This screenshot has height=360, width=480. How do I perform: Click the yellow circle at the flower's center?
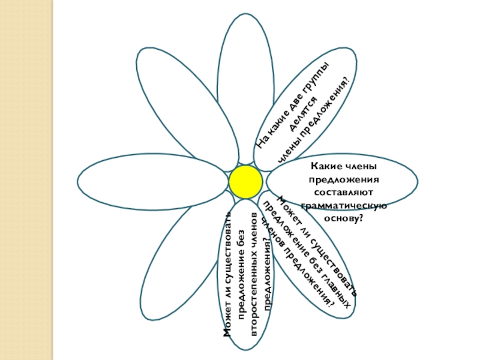click(245, 182)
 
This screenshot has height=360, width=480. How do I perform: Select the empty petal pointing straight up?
click(245, 84)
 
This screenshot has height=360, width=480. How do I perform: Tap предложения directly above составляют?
click(343, 179)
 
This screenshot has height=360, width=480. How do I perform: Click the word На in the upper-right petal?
click(262, 142)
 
